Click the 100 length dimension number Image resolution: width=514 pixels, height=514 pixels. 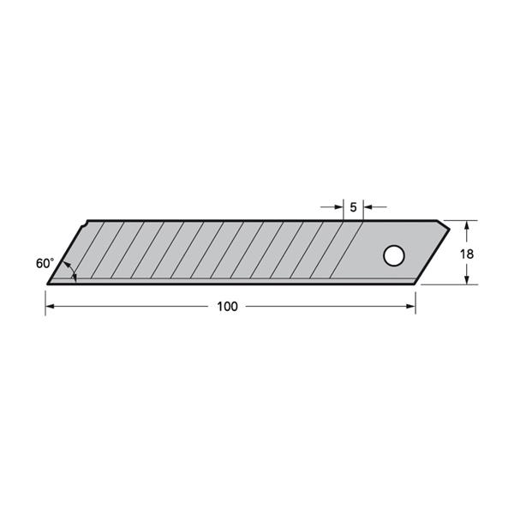228,307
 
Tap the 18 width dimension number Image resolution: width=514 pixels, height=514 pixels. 467,254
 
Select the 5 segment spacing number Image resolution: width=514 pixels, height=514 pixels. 353,207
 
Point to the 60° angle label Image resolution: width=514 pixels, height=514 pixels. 45,263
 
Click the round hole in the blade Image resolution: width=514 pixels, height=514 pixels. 394,255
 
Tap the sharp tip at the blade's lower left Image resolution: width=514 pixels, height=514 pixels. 48,284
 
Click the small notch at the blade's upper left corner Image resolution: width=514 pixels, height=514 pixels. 84,224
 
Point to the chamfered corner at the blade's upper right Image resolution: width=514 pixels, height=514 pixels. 443,224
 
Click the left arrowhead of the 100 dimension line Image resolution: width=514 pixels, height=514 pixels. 50,307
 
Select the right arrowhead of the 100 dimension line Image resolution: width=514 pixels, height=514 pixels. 411,307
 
